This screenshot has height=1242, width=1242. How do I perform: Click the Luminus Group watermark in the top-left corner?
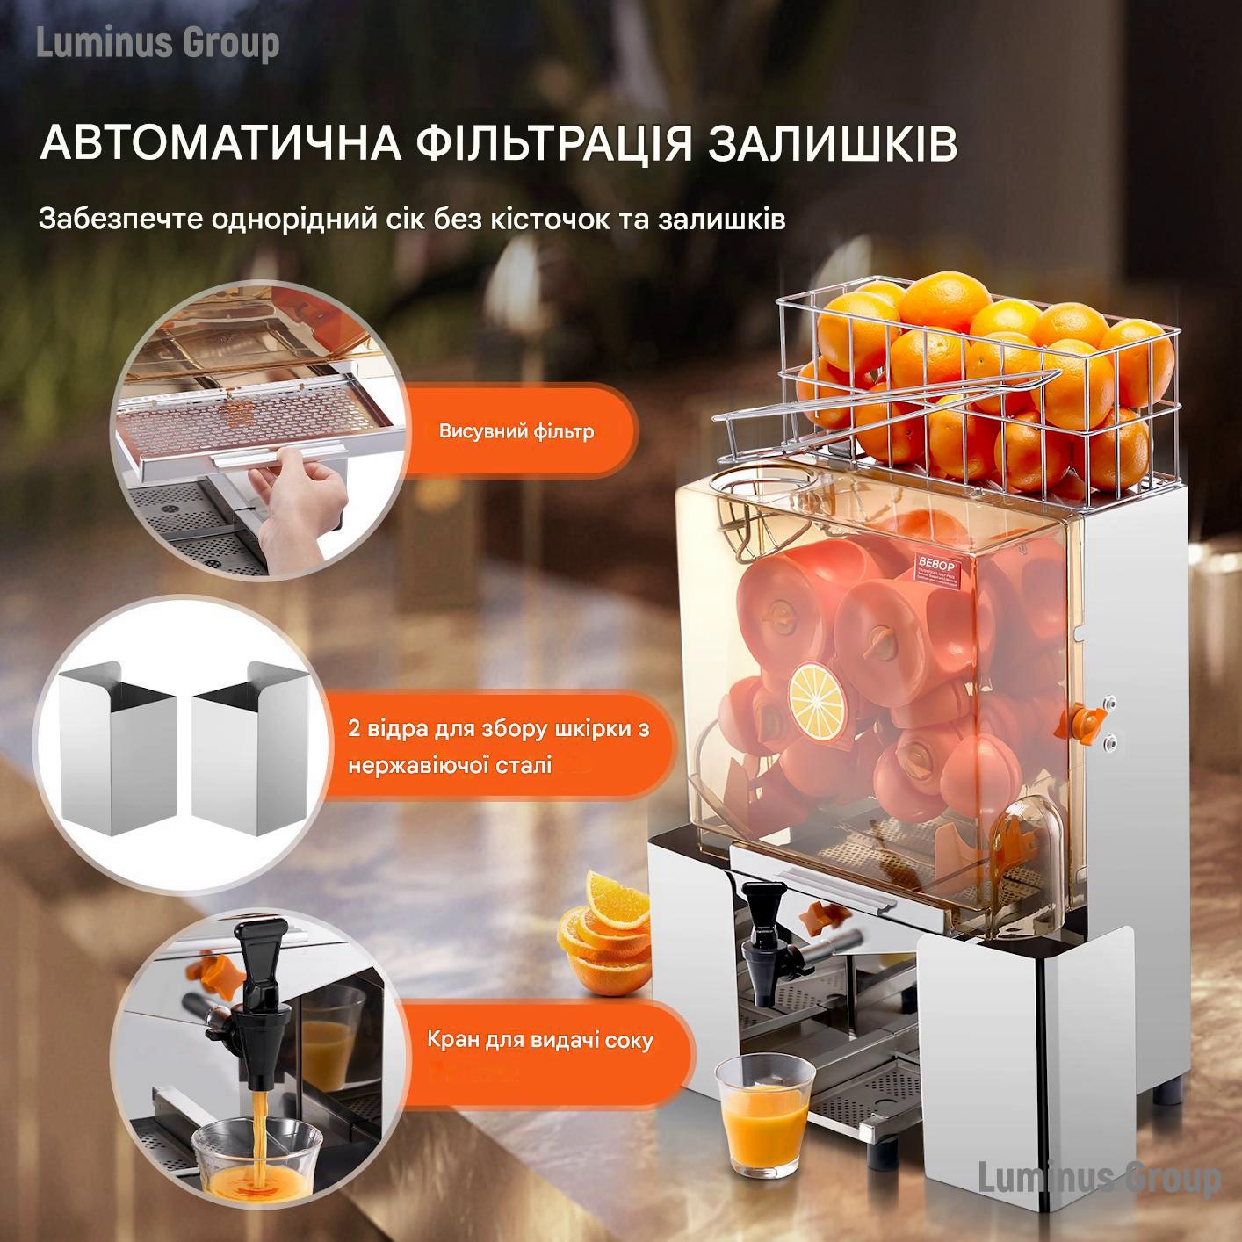point(158,44)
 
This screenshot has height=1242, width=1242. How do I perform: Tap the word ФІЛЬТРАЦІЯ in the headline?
point(553,144)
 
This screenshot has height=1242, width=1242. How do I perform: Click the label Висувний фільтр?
point(516,431)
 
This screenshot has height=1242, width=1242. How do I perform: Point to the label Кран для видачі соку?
point(540,1040)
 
